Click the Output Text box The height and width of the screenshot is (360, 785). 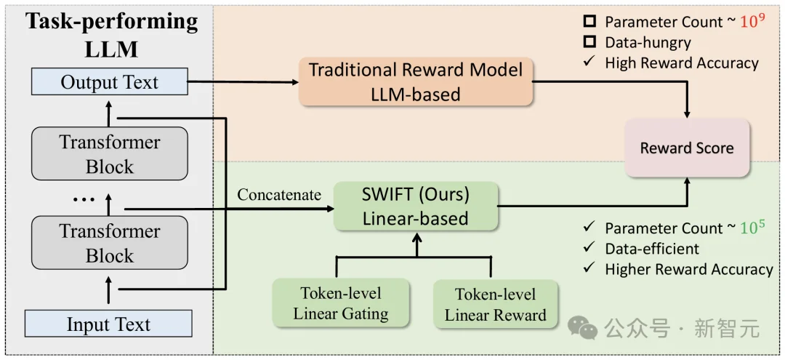tap(109, 82)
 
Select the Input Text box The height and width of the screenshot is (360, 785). tap(109, 324)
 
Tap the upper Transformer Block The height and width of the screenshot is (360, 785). tap(109, 154)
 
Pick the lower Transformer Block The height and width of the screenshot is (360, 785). tap(109, 243)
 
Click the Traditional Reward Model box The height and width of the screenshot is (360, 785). tap(415, 81)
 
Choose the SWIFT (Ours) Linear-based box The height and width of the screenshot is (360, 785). tap(416, 207)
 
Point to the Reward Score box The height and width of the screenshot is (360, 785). tap(686, 148)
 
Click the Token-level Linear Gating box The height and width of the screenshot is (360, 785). tap(340, 304)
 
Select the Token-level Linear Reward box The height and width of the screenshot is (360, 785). tap(495, 304)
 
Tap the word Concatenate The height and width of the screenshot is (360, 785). tap(278, 195)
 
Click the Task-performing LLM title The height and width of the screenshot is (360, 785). tap(111, 35)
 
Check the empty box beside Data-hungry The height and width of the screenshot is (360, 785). tap(589, 43)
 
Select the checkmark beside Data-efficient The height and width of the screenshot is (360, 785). tap(589, 249)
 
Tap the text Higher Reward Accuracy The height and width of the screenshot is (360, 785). tap(688, 269)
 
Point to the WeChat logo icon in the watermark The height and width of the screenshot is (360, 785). tap(584, 328)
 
